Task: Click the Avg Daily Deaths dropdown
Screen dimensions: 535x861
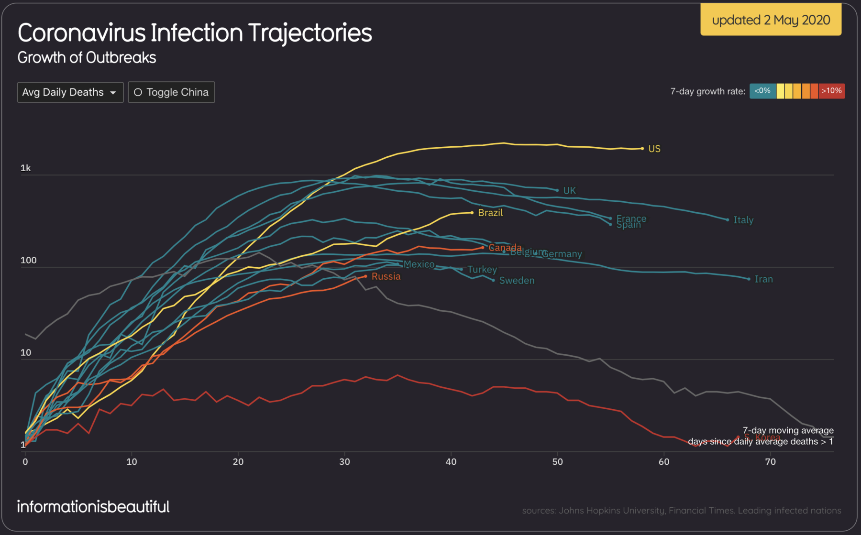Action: tap(70, 92)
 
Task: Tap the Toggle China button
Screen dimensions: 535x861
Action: tap(171, 92)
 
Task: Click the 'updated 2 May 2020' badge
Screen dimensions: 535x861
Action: tap(771, 20)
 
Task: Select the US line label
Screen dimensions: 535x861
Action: tap(654, 149)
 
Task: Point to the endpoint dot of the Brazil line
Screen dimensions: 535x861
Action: tap(472, 213)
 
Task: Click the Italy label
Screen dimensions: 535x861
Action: tap(743, 220)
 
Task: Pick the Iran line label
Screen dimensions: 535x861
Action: tap(763, 279)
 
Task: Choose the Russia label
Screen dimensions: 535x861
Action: tap(386, 276)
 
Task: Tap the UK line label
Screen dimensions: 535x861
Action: tap(569, 190)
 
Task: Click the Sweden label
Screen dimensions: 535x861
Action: tap(517, 281)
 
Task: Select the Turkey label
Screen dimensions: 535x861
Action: tap(482, 270)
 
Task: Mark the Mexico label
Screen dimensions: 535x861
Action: tap(419, 264)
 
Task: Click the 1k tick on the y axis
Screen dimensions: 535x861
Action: tap(25, 168)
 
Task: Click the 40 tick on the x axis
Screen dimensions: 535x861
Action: tap(451, 462)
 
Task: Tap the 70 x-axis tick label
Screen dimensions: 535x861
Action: tap(770, 462)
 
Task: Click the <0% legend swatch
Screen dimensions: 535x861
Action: tap(762, 91)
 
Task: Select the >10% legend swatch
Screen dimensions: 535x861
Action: tap(831, 91)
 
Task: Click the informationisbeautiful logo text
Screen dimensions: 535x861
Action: tap(93, 507)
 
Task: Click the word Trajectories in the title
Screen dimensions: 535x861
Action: tap(310, 33)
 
